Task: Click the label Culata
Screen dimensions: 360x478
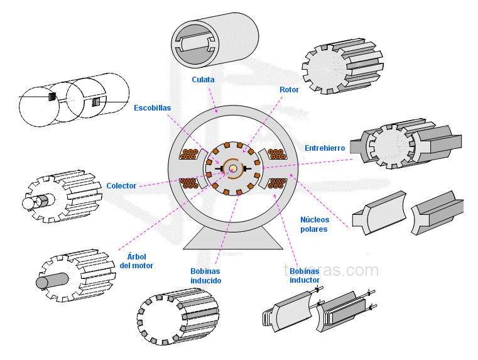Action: point(203,80)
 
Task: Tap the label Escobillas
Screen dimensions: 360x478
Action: point(152,108)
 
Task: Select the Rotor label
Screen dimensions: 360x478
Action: point(289,90)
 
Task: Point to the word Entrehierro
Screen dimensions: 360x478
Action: point(325,148)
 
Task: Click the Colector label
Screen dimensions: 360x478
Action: point(121,186)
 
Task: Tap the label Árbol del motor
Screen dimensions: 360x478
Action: point(136,261)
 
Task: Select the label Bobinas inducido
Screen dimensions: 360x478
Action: point(205,275)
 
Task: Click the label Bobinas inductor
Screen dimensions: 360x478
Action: point(305,275)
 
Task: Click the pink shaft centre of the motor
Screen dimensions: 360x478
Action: point(232,168)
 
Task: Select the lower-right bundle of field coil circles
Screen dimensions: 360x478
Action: point(277,183)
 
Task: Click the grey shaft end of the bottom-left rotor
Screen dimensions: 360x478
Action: point(43,282)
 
